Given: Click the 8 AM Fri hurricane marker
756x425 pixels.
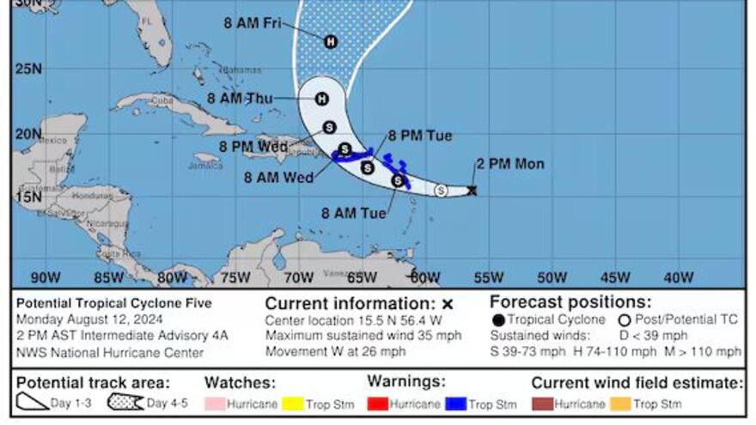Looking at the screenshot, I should pyautogui.click(x=331, y=41).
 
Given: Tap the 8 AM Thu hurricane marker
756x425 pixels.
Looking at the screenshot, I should pyautogui.click(x=322, y=99).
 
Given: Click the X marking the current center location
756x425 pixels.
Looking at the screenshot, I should pyautogui.click(x=472, y=191).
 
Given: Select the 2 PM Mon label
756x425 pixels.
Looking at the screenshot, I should pyautogui.click(x=510, y=164).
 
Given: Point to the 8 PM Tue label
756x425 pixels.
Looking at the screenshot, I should pyautogui.click(x=419, y=136).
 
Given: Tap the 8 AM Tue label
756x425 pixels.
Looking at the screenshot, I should pyautogui.click(x=353, y=212).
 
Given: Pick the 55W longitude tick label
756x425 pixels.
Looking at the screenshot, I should pyautogui.click(x=489, y=277).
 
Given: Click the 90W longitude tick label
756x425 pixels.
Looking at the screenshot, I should pyautogui.click(x=45, y=277).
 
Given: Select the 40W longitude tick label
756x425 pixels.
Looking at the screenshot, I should pyautogui.click(x=679, y=277).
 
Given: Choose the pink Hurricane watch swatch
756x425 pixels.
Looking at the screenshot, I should pyautogui.click(x=215, y=404).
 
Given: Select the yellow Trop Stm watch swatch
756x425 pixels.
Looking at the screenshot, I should pyautogui.click(x=291, y=404).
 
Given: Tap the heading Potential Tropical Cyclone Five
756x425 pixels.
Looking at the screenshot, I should pyautogui.click(x=113, y=303).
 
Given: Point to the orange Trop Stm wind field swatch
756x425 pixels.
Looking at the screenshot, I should pyautogui.click(x=619, y=404).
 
